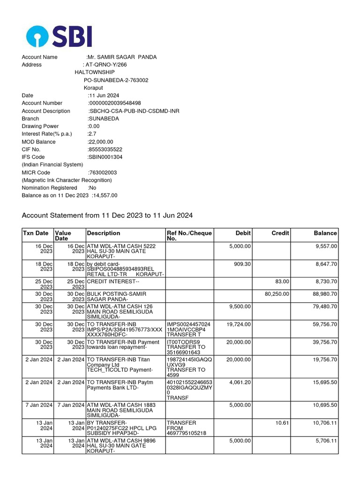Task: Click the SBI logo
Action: point(59,36)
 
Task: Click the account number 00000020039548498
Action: point(115,103)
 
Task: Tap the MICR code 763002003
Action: point(103,172)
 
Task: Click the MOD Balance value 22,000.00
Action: point(100,142)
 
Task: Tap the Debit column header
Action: point(243,233)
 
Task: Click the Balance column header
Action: point(325,233)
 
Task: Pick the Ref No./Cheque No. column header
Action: point(189,236)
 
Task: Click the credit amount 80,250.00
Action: point(277,294)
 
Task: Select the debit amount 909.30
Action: point(242,264)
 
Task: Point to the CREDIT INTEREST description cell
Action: point(113,282)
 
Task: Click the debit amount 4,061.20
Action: point(240,382)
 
